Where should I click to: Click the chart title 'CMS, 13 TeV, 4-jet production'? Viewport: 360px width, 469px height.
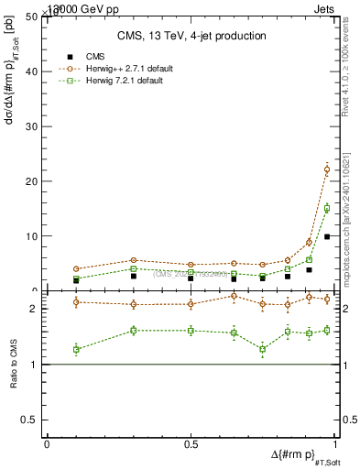click(191, 37)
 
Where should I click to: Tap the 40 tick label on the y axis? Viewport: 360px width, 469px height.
click(31, 71)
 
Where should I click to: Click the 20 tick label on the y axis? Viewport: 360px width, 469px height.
click(31, 181)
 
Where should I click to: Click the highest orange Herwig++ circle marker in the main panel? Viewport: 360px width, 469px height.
click(327, 169)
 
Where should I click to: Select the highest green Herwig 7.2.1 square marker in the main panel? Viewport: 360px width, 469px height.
click(327, 208)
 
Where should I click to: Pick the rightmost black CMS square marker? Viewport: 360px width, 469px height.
click(327, 236)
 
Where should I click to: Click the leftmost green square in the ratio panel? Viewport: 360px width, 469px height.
click(76, 349)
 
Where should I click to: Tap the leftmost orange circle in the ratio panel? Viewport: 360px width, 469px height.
click(76, 302)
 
